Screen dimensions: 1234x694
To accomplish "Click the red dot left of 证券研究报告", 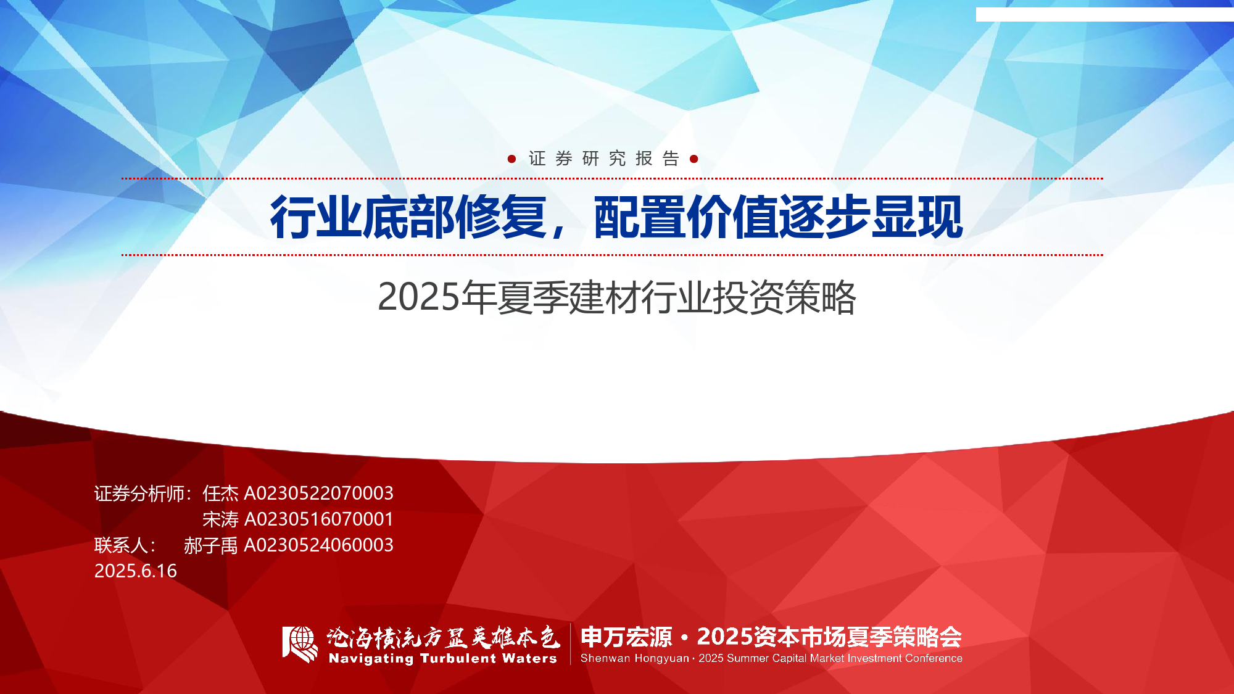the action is tap(511, 159).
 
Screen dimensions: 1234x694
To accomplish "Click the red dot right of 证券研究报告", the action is tap(694, 159).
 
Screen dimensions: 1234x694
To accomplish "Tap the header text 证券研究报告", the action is tap(603, 159).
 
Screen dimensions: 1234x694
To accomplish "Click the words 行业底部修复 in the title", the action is tap(408, 217).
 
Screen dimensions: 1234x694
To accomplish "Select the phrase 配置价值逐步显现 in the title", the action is tap(778, 217).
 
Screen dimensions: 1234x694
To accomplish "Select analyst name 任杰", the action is tap(220, 494).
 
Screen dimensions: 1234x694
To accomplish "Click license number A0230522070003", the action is tap(319, 494).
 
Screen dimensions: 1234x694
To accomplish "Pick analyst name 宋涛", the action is tap(220, 519).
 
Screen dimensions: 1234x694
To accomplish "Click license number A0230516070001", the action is tap(319, 519).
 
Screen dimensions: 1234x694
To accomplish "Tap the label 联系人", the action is tap(122, 545).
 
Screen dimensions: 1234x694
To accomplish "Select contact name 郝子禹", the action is tap(210, 545).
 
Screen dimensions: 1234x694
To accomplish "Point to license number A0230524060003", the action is tap(319, 545).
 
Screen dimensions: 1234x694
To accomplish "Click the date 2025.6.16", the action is tap(136, 571).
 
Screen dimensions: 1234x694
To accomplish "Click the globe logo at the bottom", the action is tap(300, 644).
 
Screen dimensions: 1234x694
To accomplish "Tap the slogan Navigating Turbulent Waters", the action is tap(443, 659).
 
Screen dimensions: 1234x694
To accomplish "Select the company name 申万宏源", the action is tap(626, 637).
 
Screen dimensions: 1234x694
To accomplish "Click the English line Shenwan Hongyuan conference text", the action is tap(771, 658).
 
